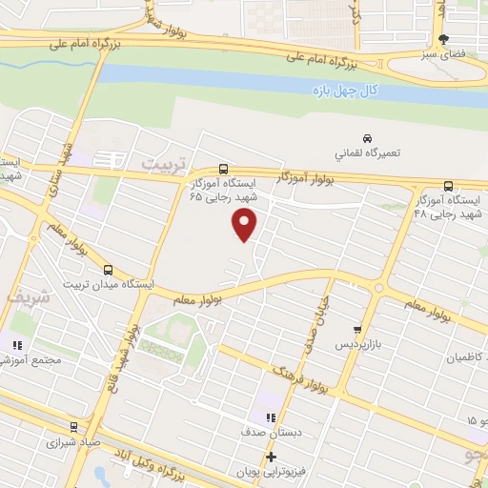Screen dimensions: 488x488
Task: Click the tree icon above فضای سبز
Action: tap(441, 40)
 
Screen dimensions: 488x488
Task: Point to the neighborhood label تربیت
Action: tap(159, 164)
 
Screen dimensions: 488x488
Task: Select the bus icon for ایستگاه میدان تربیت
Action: tap(108, 269)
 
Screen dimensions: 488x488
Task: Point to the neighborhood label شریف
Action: tap(26, 298)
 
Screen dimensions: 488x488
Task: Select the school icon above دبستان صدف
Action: tap(272, 417)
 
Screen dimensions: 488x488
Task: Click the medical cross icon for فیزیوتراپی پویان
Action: tap(272, 457)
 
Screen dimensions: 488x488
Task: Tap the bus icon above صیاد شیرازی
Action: tap(73, 427)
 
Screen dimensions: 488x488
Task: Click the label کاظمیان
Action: tap(467, 357)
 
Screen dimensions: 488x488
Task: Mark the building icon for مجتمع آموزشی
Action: tap(16, 345)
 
